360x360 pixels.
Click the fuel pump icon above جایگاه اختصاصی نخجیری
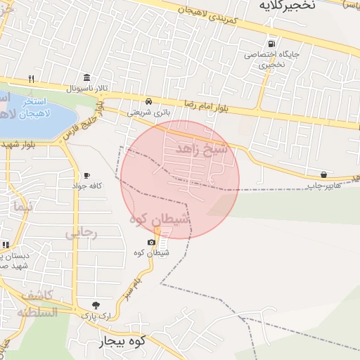(271, 42)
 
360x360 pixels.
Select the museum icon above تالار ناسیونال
(86, 77)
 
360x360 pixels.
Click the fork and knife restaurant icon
(31, 78)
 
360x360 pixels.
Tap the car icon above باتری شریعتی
(148, 101)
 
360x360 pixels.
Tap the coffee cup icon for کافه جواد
(86, 175)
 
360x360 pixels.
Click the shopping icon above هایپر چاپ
(323, 174)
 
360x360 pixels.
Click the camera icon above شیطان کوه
(150, 242)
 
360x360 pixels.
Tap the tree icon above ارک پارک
(96, 305)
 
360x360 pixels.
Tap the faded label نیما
(22, 207)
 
